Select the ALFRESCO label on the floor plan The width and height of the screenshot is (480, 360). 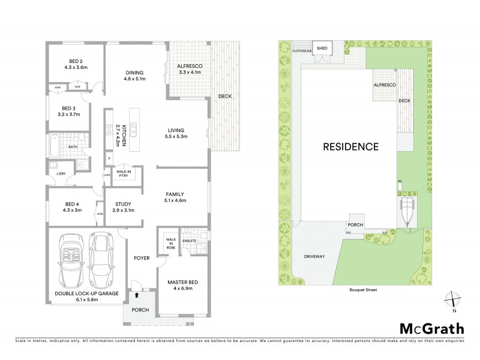tap(188, 68)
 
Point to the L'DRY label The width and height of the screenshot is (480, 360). tap(61, 174)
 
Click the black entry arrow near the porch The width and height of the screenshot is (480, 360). tap(137, 295)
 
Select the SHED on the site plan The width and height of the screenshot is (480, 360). tap(322, 49)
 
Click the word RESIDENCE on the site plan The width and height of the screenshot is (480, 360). tap(350, 146)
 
